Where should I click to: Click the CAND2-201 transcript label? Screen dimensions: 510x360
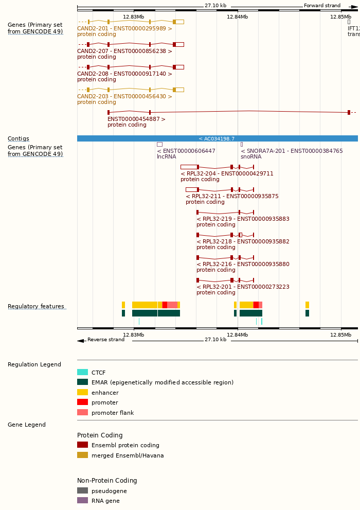124,29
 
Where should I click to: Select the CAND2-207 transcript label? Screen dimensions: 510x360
124,51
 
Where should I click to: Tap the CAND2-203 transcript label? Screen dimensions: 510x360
124,97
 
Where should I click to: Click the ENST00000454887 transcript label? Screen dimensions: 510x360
136,119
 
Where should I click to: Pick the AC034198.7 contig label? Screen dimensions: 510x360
217,139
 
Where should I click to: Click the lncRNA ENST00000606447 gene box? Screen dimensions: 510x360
159,145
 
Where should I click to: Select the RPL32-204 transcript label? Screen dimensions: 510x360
227,174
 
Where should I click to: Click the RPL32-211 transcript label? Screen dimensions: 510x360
232,197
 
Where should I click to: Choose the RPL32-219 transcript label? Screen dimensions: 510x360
243,219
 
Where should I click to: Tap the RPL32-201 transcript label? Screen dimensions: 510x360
243,287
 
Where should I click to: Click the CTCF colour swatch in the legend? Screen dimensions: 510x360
82,373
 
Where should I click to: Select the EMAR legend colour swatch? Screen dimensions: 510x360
82,382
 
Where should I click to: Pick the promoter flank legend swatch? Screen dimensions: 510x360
82,413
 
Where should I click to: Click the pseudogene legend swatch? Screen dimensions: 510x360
82,491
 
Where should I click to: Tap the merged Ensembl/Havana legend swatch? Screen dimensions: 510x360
82,455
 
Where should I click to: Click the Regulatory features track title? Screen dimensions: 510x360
36,307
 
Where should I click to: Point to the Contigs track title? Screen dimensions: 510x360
19,139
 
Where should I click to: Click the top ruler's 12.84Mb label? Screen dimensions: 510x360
237,17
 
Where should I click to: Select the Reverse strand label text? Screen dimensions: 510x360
105,340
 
